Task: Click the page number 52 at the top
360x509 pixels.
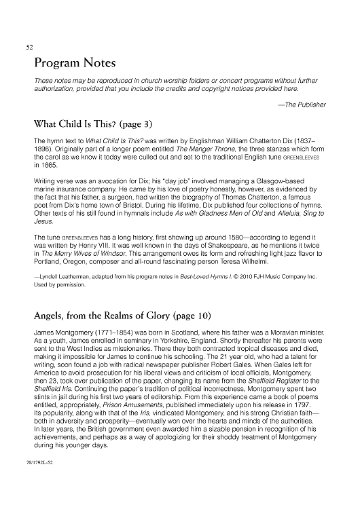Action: [x=29, y=48]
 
